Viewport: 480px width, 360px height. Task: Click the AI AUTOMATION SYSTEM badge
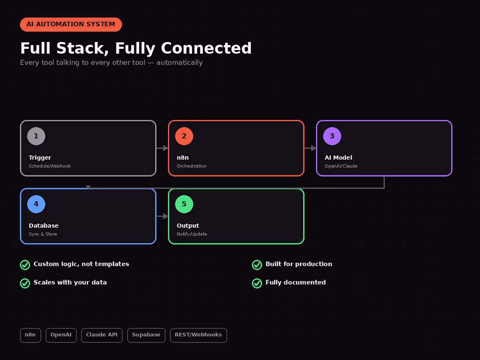click(x=71, y=24)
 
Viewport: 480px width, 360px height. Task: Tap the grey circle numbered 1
click(x=36, y=136)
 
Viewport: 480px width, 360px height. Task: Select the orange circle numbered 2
click(x=184, y=136)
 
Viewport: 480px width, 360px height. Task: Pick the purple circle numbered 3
click(x=332, y=136)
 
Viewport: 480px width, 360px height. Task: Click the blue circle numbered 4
click(x=36, y=204)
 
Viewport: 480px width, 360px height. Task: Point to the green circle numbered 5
click(x=184, y=204)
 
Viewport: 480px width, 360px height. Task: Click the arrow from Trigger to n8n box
click(x=162, y=148)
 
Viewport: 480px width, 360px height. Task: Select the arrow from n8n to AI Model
click(x=310, y=148)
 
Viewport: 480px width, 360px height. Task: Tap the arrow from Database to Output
click(x=162, y=216)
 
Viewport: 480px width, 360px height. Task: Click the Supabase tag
click(x=146, y=335)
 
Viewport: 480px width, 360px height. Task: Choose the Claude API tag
click(x=102, y=335)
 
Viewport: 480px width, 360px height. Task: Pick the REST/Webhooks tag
click(x=199, y=335)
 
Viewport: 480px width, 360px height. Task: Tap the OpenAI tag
click(x=61, y=335)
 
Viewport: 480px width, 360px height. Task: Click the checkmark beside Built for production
click(x=257, y=265)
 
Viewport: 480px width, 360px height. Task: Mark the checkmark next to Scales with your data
click(x=25, y=283)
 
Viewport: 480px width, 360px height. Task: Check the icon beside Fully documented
click(x=257, y=283)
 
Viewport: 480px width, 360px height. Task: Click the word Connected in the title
click(x=206, y=48)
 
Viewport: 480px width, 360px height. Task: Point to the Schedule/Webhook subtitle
click(x=50, y=166)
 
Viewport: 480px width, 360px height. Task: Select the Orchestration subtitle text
click(x=192, y=166)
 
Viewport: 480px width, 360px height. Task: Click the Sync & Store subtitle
click(x=43, y=234)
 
